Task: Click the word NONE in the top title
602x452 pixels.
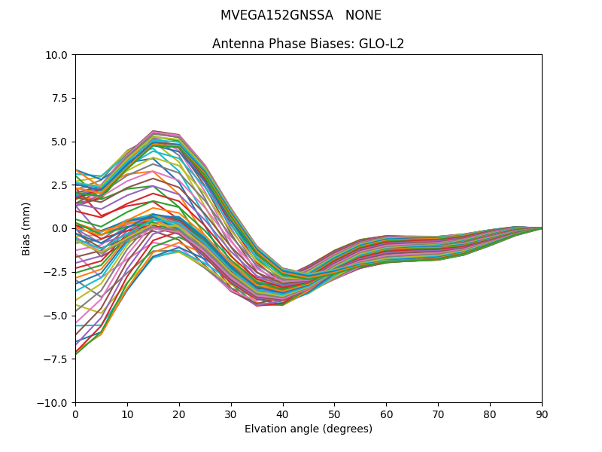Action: (x=363, y=16)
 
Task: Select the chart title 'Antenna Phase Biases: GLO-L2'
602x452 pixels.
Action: (x=308, y=44)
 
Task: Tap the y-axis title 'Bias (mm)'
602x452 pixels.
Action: (x=26, y=228)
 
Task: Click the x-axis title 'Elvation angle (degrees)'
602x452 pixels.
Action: (x=308, y=429)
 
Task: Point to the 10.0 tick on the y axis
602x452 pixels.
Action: (x=59, y=55)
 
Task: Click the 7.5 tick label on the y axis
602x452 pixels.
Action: (x=61, y=99)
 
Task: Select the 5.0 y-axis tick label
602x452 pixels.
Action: (x=61, y=142)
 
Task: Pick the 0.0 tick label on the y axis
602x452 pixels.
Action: (x=61, y=229)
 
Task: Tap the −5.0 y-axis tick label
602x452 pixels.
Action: (x=58, y=316)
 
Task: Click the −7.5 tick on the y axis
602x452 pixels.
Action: (x=58, y=359)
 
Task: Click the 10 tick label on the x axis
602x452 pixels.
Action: (x=127, y=414)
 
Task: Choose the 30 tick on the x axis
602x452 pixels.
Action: (x=231, y=414)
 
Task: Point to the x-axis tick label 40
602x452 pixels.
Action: (x=283, y=414)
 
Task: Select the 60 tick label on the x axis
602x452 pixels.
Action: (x=386, y=414)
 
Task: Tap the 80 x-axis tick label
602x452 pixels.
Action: (x=490, y=414)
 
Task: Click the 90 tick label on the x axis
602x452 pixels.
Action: (x=542, y=414)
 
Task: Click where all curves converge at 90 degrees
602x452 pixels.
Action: (x=541, y=228)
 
